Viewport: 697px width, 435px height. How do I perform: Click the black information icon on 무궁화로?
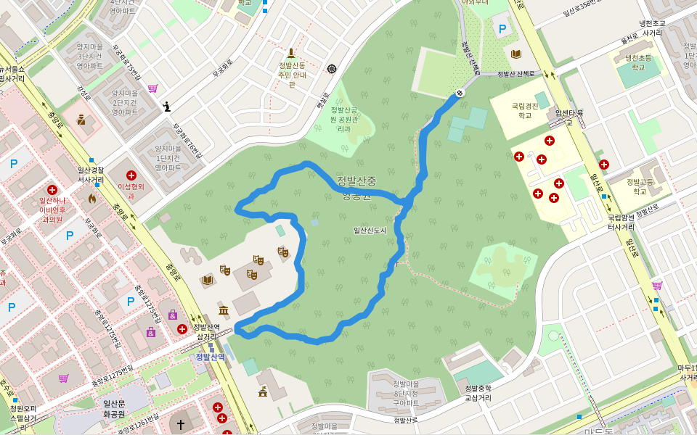click(167, 107)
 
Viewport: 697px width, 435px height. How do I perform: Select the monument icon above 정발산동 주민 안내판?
click(291, 53)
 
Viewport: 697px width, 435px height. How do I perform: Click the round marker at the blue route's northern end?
click(460, 93)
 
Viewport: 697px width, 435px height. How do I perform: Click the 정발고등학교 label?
click(640, 186)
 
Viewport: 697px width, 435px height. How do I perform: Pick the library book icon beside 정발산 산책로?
click(516, 54)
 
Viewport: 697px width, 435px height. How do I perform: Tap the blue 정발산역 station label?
click(210, 357)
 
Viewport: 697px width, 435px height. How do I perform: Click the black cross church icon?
click(181, 424)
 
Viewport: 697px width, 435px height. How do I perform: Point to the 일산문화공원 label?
click(114, 409)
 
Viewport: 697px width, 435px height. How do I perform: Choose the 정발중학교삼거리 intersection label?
click(478, 393)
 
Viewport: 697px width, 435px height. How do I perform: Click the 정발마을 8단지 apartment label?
click(406, 392)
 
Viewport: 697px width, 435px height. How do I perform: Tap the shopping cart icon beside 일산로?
click(657, 286)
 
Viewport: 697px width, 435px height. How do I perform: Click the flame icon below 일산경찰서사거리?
click(92, 197)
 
